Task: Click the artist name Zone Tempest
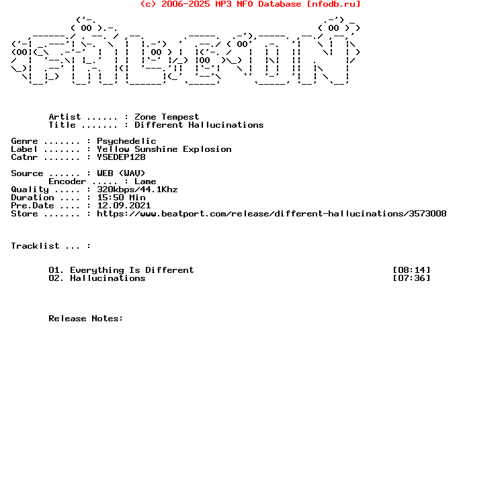pos(167,117)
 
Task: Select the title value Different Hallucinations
pos(199,124)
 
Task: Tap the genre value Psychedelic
pos(126,141)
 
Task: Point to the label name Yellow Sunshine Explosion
pos(164,149)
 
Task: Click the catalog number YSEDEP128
pos(121,157)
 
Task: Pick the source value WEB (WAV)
pos(121,173)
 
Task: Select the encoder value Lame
pos(145,181)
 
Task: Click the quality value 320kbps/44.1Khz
pos(137,190)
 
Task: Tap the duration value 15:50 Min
pos(121,198)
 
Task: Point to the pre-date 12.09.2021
pos(124,206)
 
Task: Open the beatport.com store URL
pos(272,213)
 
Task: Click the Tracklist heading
pos(35,246)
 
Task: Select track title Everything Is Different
pos(132,270)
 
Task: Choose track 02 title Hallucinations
pos(108,278)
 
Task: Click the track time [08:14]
pos(412,270)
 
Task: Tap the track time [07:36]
pos(412,278)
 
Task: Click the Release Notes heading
pos(86,319)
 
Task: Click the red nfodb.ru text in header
pos(333,4)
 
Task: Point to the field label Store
pos(24,213)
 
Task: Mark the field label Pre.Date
pos(32,206)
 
